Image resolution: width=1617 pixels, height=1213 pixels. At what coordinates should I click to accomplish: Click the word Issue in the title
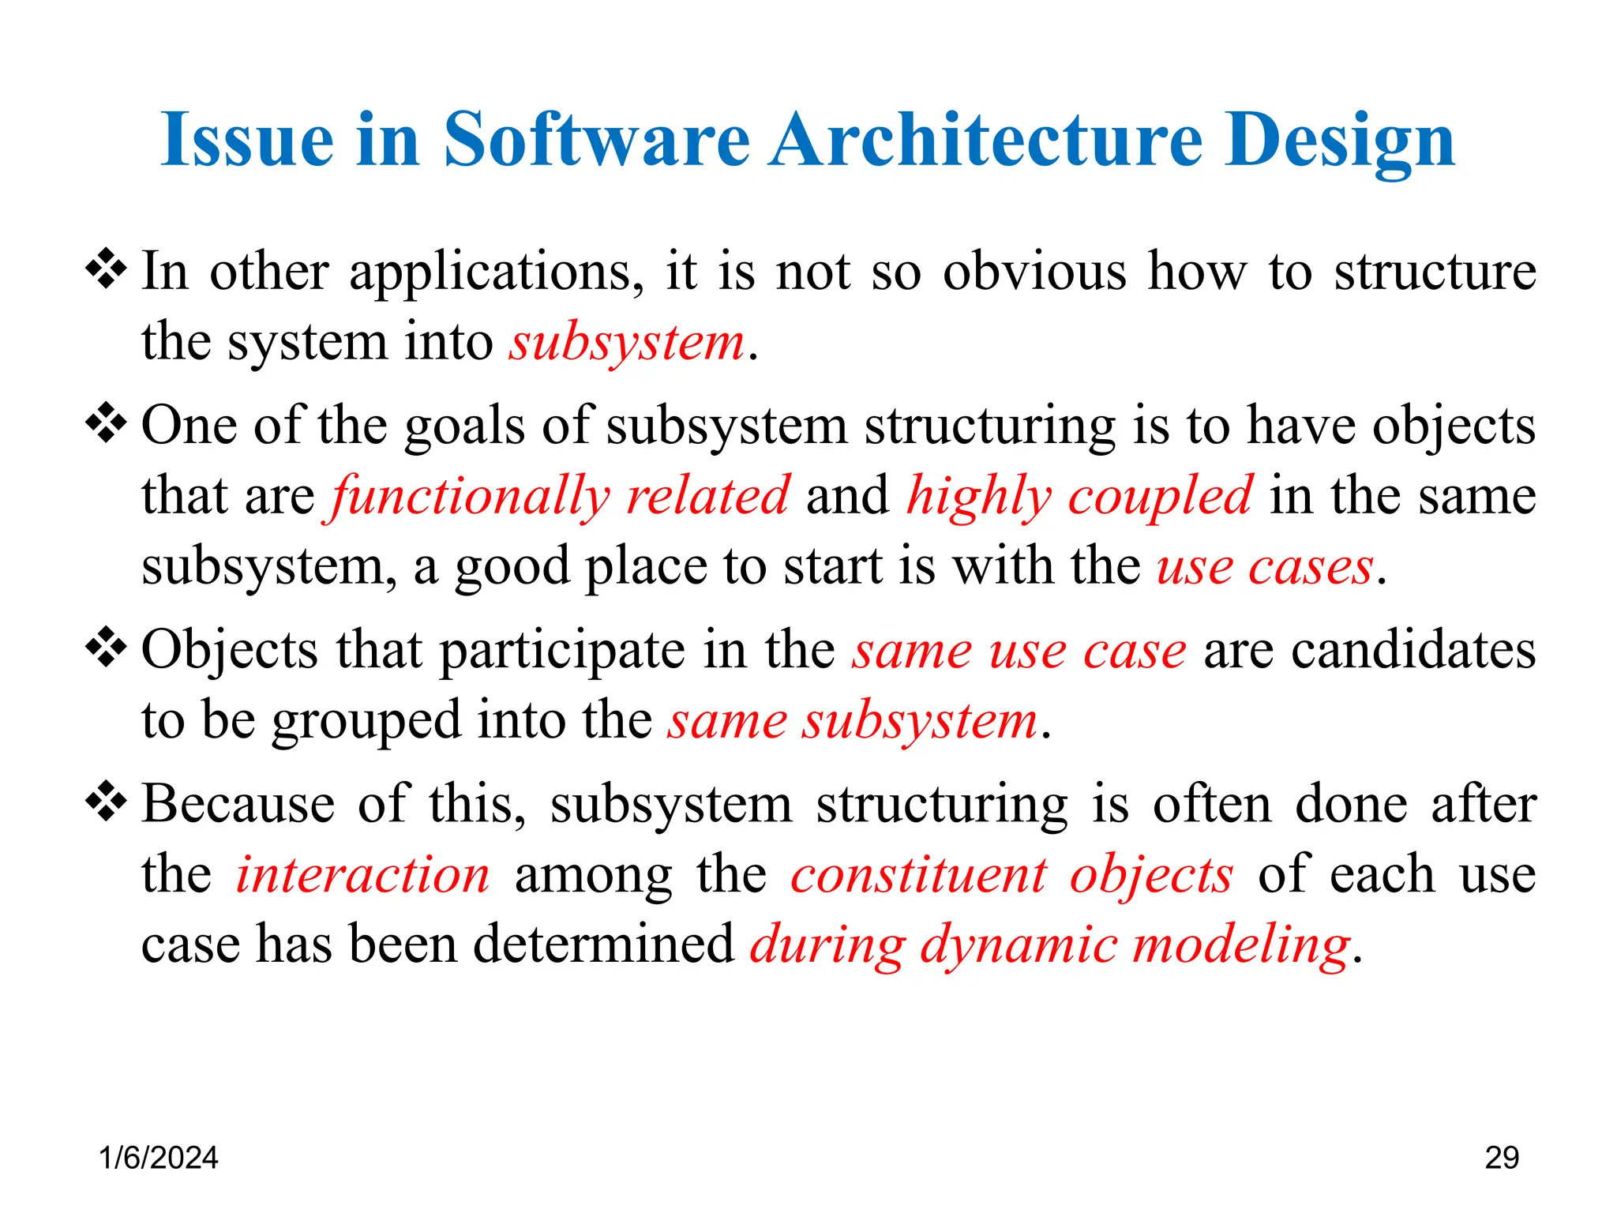click(247, 140)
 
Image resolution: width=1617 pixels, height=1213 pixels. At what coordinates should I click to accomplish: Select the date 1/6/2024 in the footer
click(158, 1158)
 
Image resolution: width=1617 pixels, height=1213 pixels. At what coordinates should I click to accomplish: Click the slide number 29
click(1501, 1158)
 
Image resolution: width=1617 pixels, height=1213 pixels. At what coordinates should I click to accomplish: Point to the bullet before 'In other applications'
click(107, 270)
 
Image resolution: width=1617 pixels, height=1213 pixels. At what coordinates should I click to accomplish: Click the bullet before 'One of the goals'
click(107, 424)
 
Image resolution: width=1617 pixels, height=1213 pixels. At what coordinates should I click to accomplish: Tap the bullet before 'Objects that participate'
click(107, 649)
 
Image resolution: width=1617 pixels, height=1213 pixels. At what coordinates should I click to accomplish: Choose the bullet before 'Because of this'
click(107, 803)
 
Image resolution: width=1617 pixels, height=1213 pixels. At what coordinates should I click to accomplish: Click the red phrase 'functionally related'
click(560, 496)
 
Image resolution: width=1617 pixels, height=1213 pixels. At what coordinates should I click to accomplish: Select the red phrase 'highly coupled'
click(1079, 496)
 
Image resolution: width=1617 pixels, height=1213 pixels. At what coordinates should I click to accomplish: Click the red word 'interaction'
click(362, 874)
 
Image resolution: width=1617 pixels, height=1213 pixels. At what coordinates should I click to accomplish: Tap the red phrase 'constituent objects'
click(1011, 874)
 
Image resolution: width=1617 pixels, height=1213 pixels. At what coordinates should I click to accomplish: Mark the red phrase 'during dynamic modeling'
click(1049, 945)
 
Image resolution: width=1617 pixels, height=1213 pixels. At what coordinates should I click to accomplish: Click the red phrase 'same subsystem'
click(852, 721)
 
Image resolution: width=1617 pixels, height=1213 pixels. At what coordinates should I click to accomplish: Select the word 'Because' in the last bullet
click(238, 804)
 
